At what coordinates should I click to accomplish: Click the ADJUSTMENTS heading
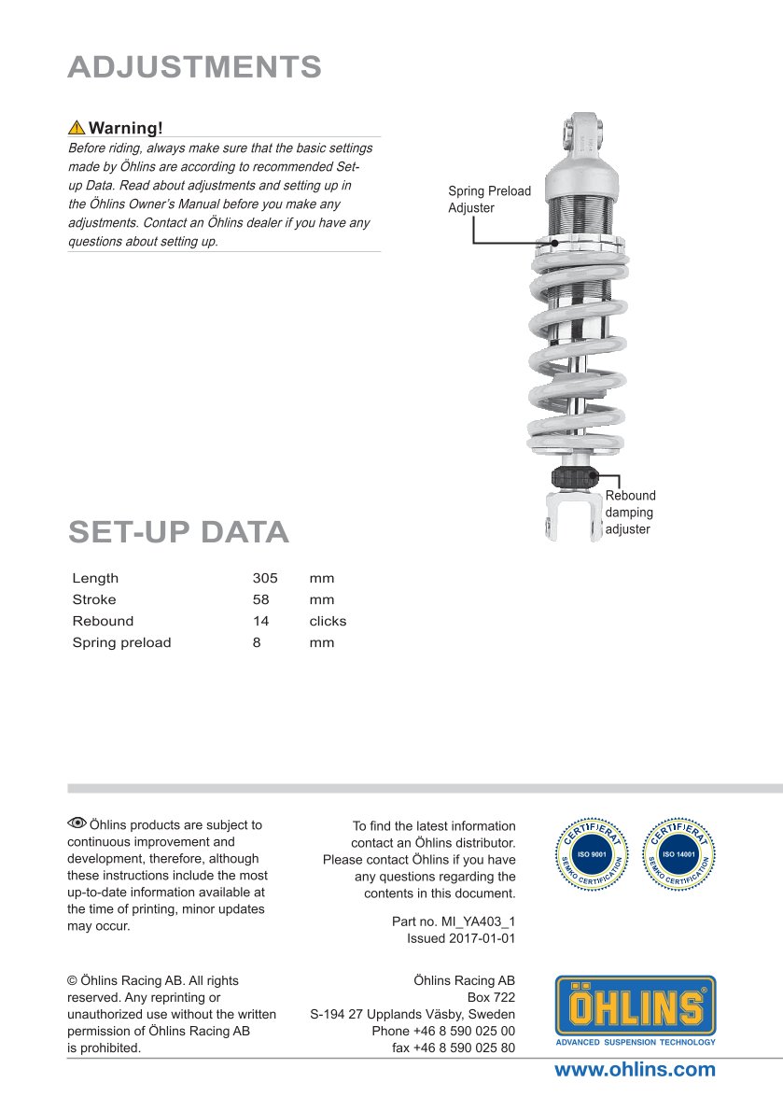(x=195, y=67)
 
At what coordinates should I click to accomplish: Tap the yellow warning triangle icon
(x=77, y=128)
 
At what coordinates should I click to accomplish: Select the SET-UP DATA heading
(x=178, y=532)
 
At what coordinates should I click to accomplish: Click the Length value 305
(x=265, y=579)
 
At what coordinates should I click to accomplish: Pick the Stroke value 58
(x=261, y=600)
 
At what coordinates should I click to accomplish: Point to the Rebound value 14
(x=261, y=621)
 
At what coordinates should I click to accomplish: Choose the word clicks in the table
(x=328, y=621)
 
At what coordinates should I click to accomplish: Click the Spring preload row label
(x=121, y=642)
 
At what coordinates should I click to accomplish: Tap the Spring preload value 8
(x=257, y=642)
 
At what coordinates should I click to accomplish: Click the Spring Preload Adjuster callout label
(x=489, y=200)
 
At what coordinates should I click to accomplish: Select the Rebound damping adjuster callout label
(x=630, y=513)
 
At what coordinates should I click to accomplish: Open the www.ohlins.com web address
(x=635, y=1070)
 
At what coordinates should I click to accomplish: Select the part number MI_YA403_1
(x=454, y=921)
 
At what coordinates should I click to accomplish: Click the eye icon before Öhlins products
(x=77, y=823)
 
